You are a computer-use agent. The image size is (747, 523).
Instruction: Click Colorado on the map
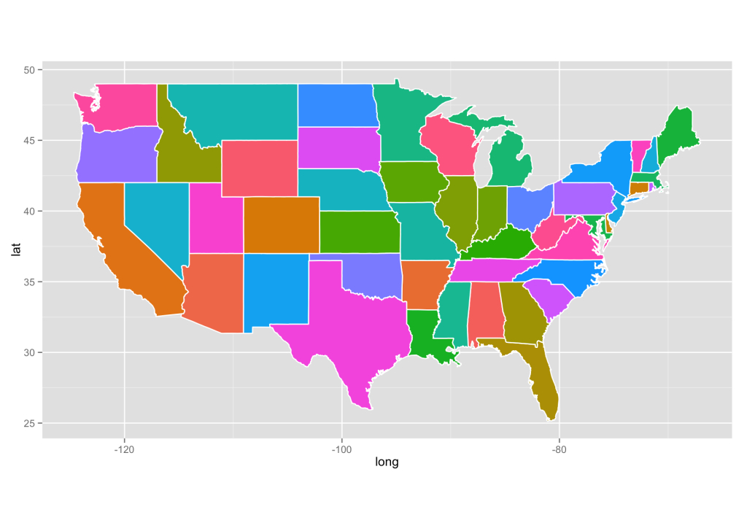(281, 225)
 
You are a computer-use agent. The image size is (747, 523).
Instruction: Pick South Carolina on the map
(549, 295)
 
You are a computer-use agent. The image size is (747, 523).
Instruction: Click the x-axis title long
(387, 462)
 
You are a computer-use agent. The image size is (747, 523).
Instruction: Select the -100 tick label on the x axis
(341, 448)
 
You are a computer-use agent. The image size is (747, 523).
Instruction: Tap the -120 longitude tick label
(124, 448)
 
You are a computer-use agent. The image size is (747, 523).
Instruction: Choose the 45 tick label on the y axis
(31, 140)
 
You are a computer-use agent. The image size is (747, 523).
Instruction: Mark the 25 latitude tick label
(31, 423)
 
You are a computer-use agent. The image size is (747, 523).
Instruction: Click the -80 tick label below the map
(559, 448)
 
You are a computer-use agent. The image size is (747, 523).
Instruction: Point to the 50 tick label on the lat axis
(31, 70)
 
